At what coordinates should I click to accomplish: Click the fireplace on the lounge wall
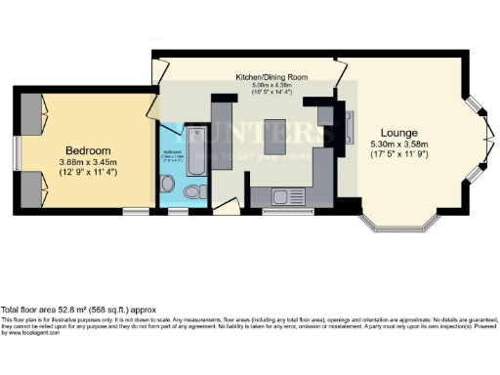pos(351,128)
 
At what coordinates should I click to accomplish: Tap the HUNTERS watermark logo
pos(264,137)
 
